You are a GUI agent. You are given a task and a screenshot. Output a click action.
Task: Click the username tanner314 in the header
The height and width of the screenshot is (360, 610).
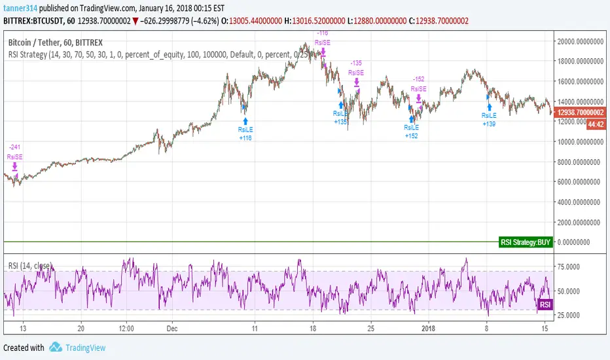pos(22,7)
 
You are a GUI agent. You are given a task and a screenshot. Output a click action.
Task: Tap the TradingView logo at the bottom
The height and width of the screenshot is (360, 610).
pos(78,348)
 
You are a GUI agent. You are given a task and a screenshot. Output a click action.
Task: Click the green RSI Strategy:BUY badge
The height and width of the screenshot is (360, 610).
pos(525,242)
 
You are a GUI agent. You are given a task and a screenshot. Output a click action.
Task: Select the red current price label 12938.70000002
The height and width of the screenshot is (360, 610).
pos(581,113)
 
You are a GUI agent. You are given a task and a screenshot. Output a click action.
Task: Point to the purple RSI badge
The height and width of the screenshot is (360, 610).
pos(545,304)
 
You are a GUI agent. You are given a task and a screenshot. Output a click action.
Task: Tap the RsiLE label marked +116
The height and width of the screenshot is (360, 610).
pos(245,130)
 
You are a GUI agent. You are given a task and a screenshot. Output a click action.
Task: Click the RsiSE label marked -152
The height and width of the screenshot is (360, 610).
pos(418,88)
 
